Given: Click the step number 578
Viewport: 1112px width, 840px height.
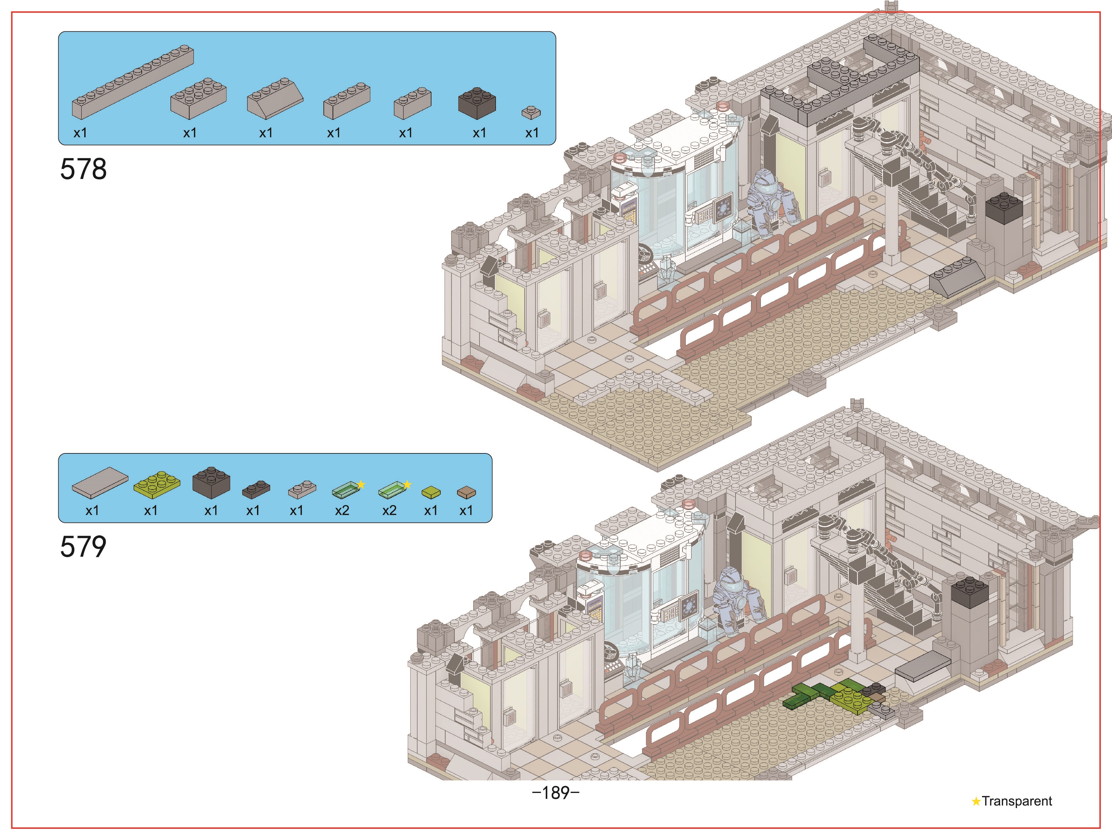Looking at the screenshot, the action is point(84,169).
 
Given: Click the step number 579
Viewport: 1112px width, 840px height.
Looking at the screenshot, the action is point(84,547).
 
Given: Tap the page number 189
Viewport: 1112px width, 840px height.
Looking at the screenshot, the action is point(556,793).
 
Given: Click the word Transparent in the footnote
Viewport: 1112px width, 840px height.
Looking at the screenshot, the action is point(1017,801).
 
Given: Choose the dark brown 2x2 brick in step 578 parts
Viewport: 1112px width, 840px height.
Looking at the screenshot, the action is point(477,103).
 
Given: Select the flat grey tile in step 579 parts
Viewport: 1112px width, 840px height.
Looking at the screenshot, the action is point(100,483).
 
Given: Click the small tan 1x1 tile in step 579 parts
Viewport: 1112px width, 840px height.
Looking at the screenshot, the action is point(466,492).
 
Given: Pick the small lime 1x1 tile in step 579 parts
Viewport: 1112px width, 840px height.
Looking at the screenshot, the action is point(431,492).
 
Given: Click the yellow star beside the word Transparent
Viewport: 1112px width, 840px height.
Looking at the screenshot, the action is point(976,801).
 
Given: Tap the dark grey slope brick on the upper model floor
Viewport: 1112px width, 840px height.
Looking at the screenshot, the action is point(957,277).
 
